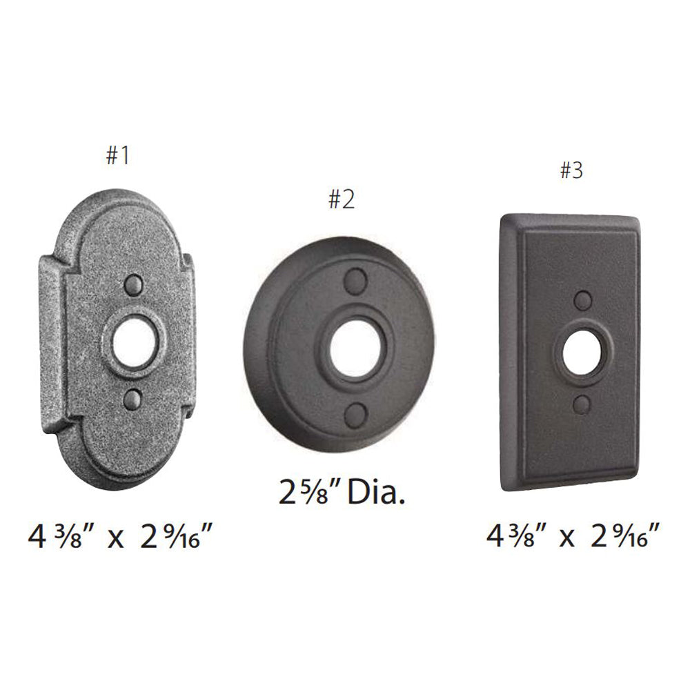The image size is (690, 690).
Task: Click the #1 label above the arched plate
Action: click(117, 157)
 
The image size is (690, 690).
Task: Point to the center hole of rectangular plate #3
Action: click(582, 352)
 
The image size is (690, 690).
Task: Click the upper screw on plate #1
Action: click(133, 285)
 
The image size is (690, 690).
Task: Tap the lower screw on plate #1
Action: click(133, 400)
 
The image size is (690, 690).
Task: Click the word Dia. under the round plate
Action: click(376, 493)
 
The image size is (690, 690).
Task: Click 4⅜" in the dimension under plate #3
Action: click(516, 536)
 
